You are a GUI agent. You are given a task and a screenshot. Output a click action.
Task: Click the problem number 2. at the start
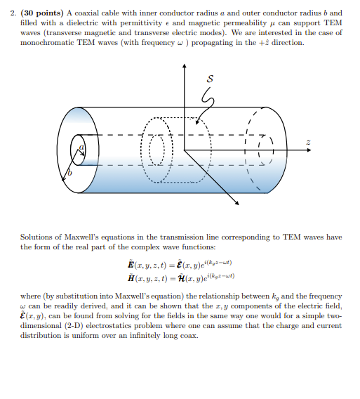click(x=22, y=13)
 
